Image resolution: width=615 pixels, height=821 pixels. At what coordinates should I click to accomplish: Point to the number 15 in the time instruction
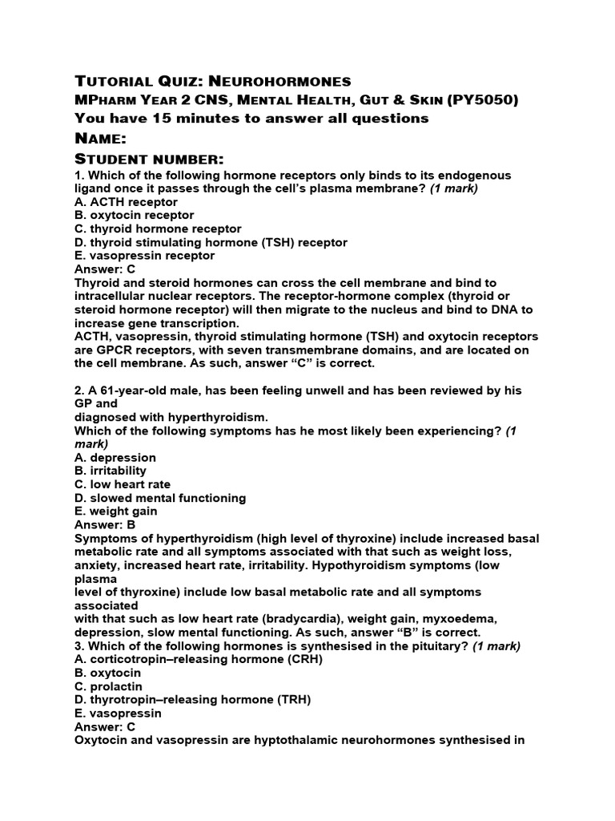(x=144, y=119)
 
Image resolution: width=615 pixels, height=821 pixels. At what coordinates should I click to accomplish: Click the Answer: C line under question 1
(x=105, y=269)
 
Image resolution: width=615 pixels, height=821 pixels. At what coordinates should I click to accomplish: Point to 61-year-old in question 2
(x=140, y=390)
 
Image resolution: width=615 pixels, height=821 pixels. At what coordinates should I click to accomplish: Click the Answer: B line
(x=105, y=525)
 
